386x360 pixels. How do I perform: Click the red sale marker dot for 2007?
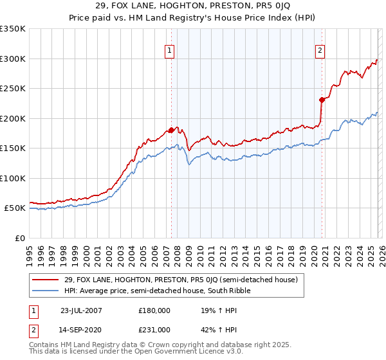(171, 130)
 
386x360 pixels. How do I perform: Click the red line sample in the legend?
(45, 280)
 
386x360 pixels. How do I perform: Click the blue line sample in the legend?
(45, 291)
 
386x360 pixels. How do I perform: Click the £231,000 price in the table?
(154, 329)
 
